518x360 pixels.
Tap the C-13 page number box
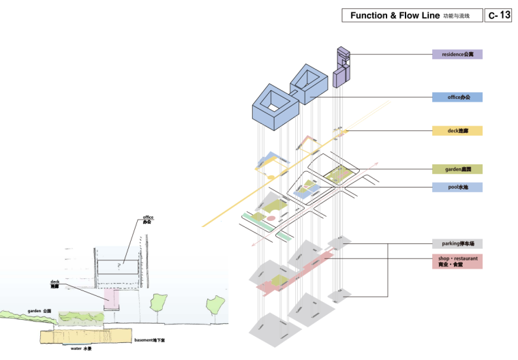click(x=498, y=15)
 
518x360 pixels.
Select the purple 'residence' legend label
click(x=457, y=54)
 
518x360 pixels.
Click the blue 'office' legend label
click(x=457, y=97)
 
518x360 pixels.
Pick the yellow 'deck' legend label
click(x=457, y=130)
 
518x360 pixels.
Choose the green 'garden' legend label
click(x=457, y=169)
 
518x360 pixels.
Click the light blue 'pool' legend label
click(x=457, y=187)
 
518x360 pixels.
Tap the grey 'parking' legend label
click(x=457, y=243)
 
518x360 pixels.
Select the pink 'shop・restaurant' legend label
click(x=457, y=261)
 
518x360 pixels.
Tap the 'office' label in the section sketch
click(x=148, y=220)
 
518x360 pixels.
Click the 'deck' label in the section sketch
click(x=55, y=284)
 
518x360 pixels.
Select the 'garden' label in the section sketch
click(x=40, y=311)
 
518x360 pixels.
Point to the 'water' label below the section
click(x=81, y=348)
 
